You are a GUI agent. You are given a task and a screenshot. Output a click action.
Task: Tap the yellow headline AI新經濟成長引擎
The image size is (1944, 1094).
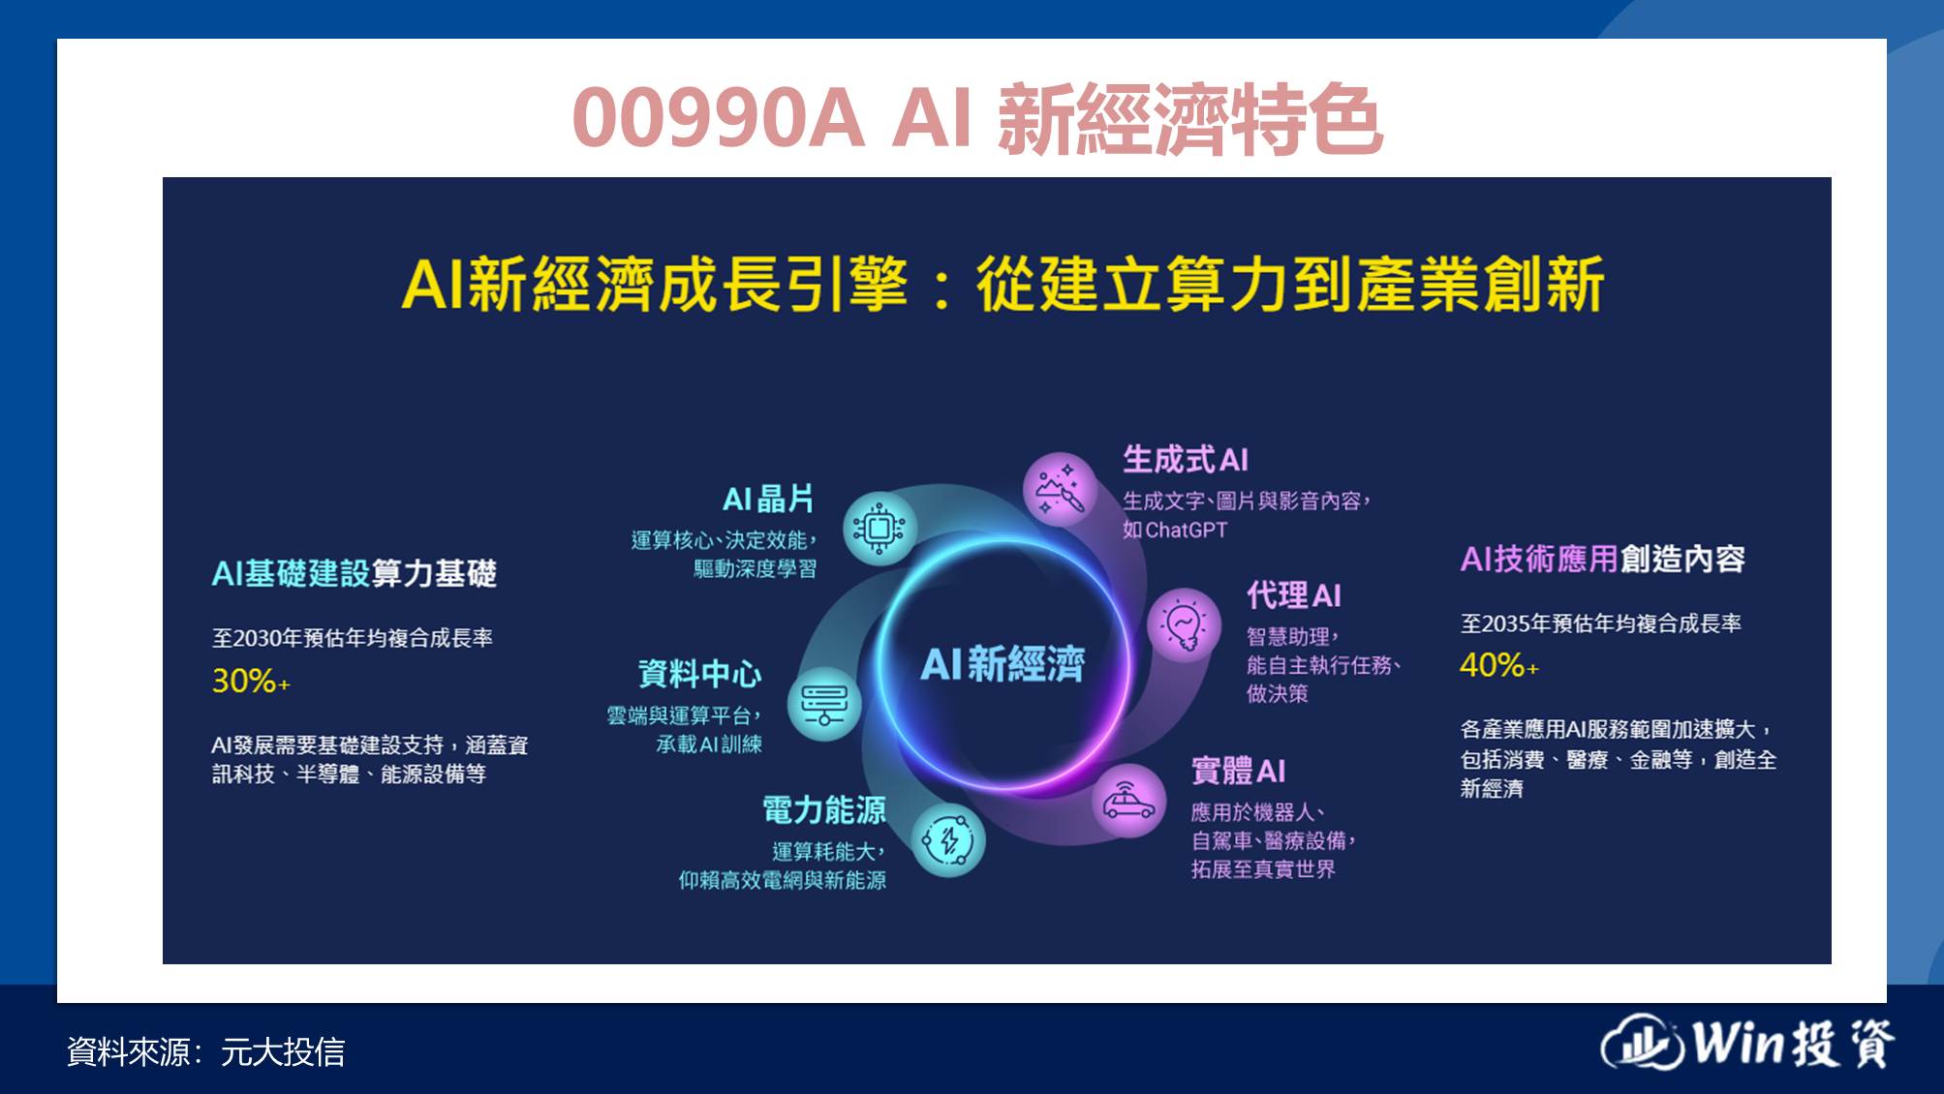(655, 285)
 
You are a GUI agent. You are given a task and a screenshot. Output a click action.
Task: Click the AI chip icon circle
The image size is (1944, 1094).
(879, 528)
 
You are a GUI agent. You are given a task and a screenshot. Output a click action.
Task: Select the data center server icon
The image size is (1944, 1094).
(823, 704)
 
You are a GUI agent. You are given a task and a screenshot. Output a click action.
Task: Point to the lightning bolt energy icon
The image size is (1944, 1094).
(949, 840)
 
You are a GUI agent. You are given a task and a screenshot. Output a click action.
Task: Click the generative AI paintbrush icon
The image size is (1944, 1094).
(1061, 489)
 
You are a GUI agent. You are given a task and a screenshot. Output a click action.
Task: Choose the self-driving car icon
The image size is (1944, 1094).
(1128, 801)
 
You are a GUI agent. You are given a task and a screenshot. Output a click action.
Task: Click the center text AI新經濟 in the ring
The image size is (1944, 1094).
(1003, 664)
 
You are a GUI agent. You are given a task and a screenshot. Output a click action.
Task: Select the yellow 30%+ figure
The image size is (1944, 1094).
(251, 681)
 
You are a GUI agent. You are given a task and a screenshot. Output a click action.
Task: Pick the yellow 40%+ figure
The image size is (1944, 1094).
(1498, 665)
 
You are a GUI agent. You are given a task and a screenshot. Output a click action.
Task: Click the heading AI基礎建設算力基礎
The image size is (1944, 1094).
(354, 573)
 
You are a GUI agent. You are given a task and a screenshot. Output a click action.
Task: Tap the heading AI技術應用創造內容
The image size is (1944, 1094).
(1602, 559)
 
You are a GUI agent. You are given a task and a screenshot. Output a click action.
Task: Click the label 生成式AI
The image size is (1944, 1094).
(1186, 459)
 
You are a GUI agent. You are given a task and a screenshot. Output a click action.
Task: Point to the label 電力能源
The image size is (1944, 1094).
(824, 809)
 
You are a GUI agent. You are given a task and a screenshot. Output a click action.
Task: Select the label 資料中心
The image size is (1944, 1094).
(699, 673)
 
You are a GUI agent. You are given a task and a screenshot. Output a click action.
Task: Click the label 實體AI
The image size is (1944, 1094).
(1238, 771)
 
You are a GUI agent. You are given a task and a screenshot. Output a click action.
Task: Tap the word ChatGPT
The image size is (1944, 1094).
(1187, 530)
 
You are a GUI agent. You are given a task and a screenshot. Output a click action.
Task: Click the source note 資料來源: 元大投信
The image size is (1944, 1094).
(205, 1051)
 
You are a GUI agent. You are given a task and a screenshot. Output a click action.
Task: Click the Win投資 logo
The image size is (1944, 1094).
(1747, 1042)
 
